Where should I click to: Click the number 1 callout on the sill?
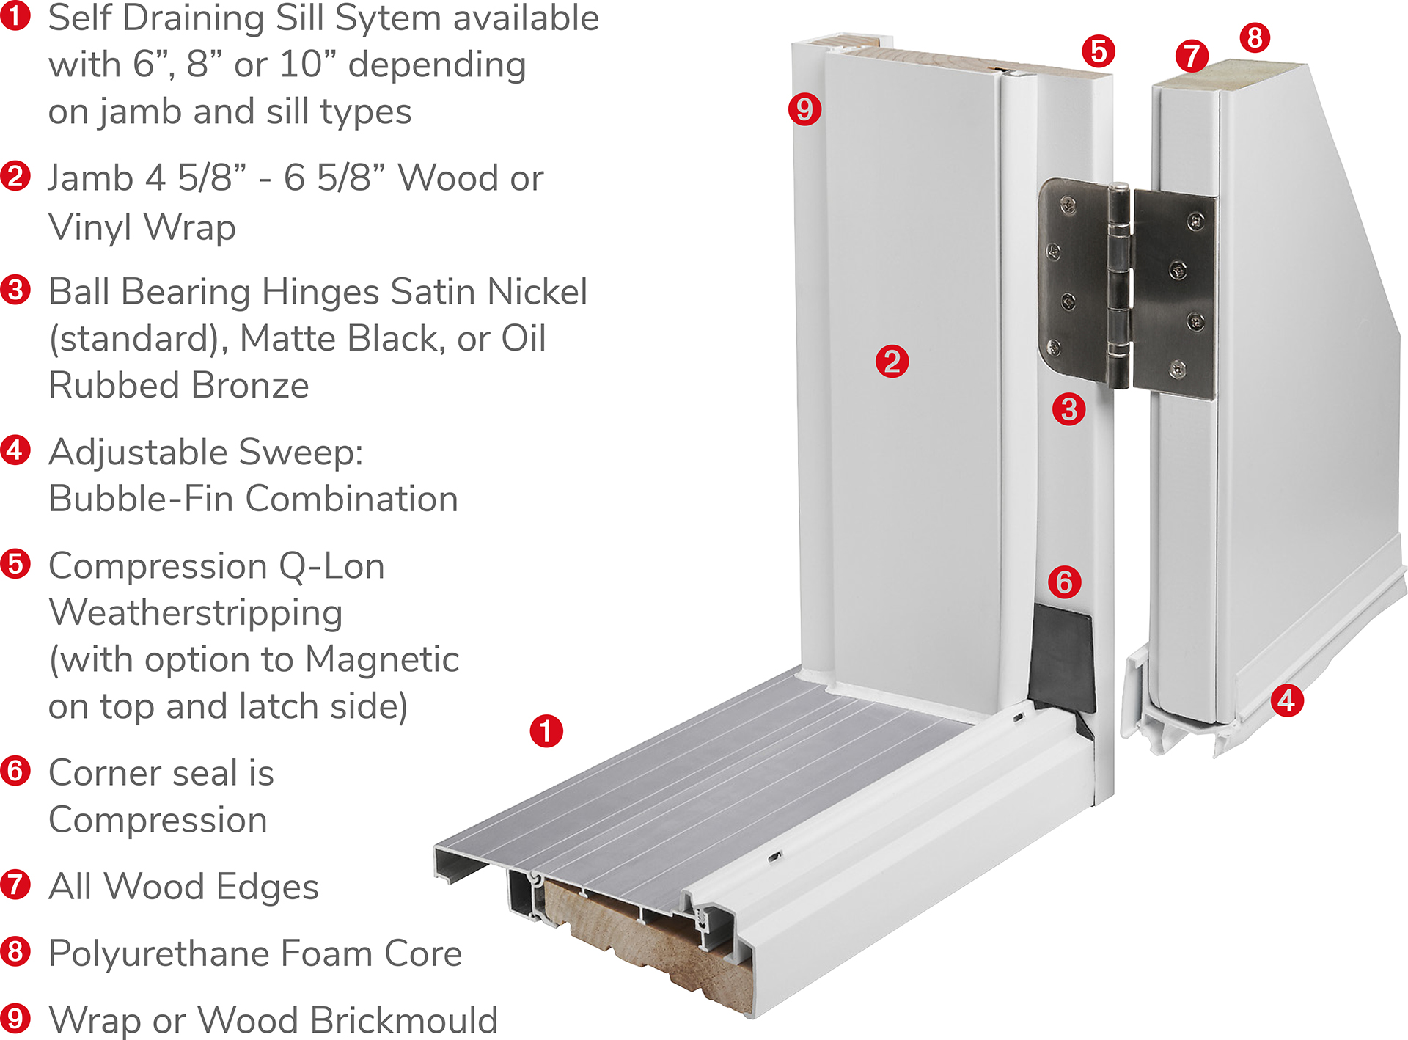point(546,731)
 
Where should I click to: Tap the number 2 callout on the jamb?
point(892,362)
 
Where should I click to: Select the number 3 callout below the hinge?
point(1068,409)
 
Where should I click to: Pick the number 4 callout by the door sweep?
point(1287,700)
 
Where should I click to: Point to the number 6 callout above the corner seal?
point(1064,582)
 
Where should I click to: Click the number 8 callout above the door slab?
point(1255,37)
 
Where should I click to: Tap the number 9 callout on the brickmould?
point(804,109)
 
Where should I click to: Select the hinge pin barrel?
point(1118,286)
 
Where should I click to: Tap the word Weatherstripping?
point(196,612)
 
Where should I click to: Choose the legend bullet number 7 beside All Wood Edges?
point(15,885)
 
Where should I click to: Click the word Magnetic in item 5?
point(382,659)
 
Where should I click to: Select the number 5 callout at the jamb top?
point(1098,51)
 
